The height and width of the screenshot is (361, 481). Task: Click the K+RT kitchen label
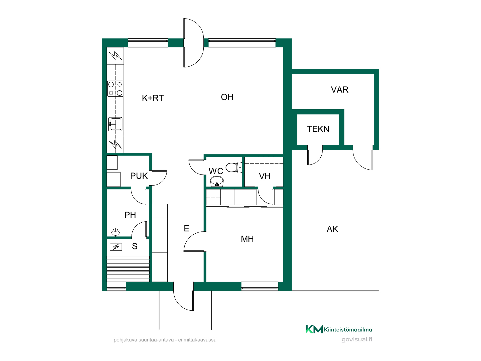pyautogui.click(x=153, y=98)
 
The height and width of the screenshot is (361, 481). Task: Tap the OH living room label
pyautogui.click(x=227, y=97)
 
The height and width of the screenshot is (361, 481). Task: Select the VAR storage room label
pyautogui.click(x=340, y=90)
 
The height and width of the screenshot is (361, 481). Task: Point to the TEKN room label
pyautogui.click(x=318, y=129)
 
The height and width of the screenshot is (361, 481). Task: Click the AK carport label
pyautogui.click(x=332, y=229)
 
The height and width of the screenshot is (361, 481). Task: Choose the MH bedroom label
pyautogui.click(x=247, y=239)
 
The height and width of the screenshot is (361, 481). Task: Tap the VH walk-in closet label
pyautogui.click(x=265, y=176)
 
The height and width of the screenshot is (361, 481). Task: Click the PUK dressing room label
pyautogui.click(x=139, y=176)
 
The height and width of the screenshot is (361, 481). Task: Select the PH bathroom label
pyautogui.click(x=130, y=215)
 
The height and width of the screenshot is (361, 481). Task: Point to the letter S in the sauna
pyautogui.click(x=135, y=246)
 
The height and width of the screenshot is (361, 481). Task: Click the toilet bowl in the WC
pyautogui.click(x=234, y=167)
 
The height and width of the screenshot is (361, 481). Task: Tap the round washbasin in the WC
pyautogui.click(x=217, y=181)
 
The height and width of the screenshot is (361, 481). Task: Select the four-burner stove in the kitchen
pyautogui.click(x=115, y=89)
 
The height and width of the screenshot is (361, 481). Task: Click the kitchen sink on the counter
pyautogui.click(x=115, y=124)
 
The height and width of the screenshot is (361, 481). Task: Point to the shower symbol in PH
pyautogui.click(x=115, y=232)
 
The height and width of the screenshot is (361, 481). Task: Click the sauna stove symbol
pyautogui.click(x=116, y=247)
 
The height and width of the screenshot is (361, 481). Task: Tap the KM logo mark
pyautogui.click(x=314, y=329)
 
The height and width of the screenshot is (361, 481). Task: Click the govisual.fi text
pyautogui.click(x=357, y=339)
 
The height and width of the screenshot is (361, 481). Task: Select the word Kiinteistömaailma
pyautogui.click(x=348, y=329)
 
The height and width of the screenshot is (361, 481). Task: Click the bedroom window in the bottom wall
pyautogui.click(x=260, y=286)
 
